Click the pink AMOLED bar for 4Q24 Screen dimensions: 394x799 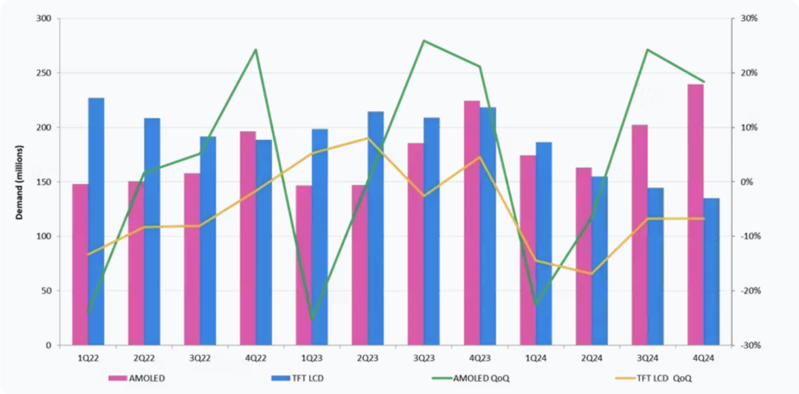[695, 215]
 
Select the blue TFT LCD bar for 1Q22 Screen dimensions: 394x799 [96, 221]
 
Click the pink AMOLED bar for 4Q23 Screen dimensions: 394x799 [471, 223]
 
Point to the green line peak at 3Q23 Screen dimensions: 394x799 [423, 41]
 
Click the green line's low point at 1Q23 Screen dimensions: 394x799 [311, 319]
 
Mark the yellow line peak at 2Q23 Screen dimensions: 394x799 [367, 138]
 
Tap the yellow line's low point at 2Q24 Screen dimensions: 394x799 [590, 273]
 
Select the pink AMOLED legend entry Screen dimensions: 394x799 [137, 378]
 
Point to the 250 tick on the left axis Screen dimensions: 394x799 [44, 73]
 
